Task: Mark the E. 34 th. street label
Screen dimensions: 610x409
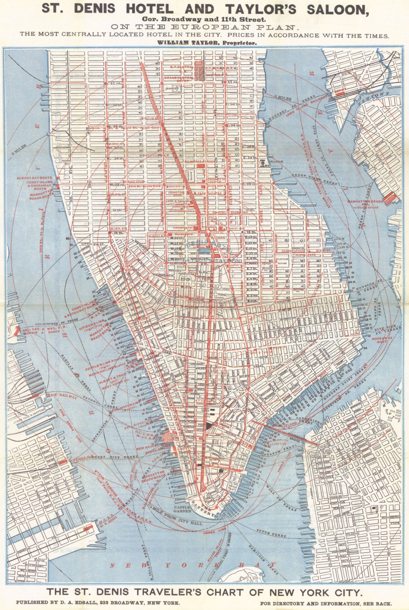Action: (232, 126)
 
